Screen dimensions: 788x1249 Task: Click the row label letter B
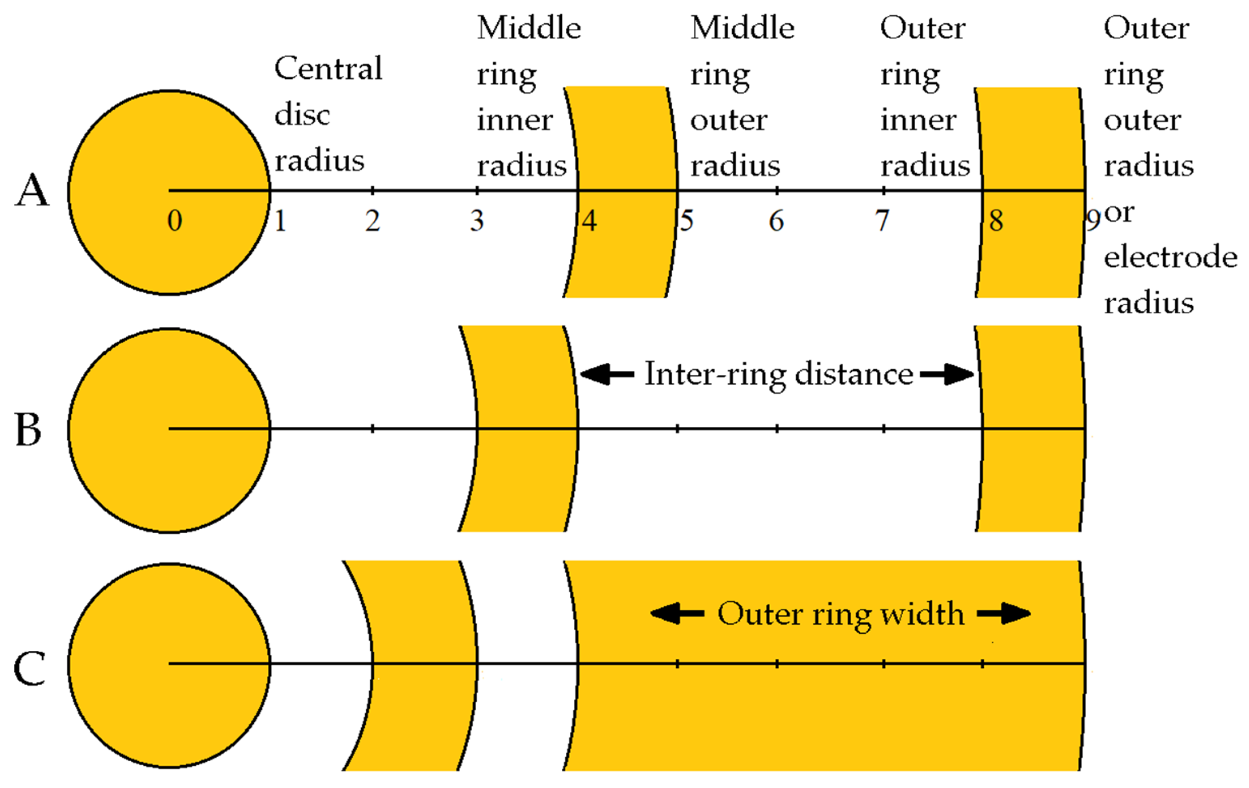28,430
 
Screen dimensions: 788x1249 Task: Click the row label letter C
30,669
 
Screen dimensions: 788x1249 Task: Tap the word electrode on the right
1170,257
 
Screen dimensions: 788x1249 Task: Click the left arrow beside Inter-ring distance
607,374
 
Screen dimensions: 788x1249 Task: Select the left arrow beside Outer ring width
677,614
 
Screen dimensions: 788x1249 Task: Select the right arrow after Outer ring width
1004,614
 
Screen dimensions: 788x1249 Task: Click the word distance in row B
854,374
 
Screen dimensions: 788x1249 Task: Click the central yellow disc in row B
168,467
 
